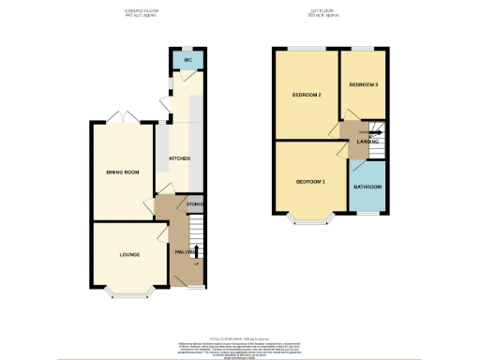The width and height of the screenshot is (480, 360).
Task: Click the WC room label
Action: pyautogui.click(x=187, y=60)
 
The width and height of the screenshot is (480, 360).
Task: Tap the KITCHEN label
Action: pyautogui.click(x=179, y=158)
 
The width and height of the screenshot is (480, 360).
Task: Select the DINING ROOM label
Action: pyautogui.click(x=122, y=172)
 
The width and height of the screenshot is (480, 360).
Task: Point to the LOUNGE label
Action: pyautogui.click(x=129, y=254)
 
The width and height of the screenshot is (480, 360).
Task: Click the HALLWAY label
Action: pyautogui.click(x=184, y=252)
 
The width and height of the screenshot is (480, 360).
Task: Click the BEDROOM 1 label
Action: pyautogui.click(x=310, y=181)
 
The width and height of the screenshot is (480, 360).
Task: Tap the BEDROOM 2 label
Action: pyautogui.click(x=307, y=95)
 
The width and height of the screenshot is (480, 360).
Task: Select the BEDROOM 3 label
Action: pyautogui.click(x=364, y=84)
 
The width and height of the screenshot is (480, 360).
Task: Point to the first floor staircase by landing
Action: pyautogui.click(x=379, y=141)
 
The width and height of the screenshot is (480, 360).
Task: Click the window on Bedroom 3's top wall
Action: pyautogui.click(x=364, y=47)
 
